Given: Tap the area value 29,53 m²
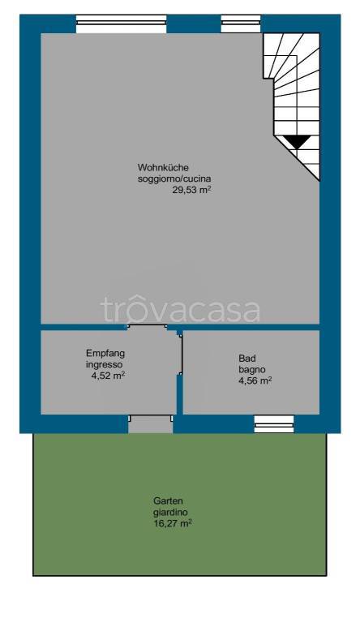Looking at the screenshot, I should pyautogui.click(x=191, y=190).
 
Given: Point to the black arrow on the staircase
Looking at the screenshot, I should pyautogui.click(x=298, y=142).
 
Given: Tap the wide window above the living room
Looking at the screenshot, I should pyautogui.click(x=121, y=24).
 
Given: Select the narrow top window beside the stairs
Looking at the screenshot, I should pyautogui.click(x=241, y=24).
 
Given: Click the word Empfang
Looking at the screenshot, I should pyautogui.click(x=105, y=354).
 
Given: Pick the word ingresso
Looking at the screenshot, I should pyautogui.click(x=105, y=364).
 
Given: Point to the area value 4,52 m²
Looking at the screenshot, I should pyautogui.click(x=108, y=376).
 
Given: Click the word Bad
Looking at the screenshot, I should pyautogui.click(x=246, y=358).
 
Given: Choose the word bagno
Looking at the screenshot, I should pyautogui.click(x=251, y=369).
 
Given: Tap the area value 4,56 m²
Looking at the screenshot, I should pyautogui.click(x=255, y=380).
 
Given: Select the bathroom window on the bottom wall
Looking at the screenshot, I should pyautogui.click(x=273, y=423).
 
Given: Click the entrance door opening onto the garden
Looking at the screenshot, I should pyautogui.click(x=150, y=423).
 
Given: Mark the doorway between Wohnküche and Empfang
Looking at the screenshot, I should pyautogui.click(x=147, y=327).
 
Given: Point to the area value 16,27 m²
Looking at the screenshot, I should pyautogui.click(x=173, y=524).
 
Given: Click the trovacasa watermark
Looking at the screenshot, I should pyautogui.click(x=180, y=310).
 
